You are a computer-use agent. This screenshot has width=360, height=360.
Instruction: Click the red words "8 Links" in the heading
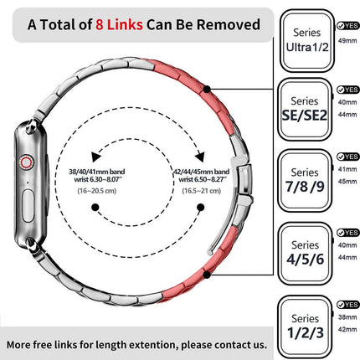click(x=119, y=24)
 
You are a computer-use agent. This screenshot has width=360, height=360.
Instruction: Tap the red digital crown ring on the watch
click(x=26, y=162)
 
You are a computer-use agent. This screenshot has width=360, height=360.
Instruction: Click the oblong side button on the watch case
click(x=28, y=206)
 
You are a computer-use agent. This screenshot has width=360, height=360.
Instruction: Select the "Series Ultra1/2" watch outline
click(x=307, y=41)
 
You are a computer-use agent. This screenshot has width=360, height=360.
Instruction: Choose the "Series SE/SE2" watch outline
click(x=305, y=109)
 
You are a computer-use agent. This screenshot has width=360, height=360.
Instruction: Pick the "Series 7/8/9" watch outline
click(x=305, y=180)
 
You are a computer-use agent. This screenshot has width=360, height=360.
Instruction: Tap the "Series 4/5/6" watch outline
click(x=306, y=254)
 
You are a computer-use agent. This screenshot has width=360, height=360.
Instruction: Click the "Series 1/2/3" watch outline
click(x=306, y=327)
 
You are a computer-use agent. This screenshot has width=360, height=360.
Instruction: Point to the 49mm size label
click(x=347, y=41)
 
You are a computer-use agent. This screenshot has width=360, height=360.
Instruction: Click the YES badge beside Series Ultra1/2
click(x=347, y=26)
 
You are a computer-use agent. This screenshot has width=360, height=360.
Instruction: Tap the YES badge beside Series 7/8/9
click(x=347, y=157)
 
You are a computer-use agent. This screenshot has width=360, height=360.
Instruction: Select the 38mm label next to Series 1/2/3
click(x=347, y=317)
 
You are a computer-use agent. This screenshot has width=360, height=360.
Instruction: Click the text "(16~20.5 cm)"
click(x=97, y=191)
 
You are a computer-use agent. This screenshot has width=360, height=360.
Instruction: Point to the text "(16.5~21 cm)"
click(x=202, y=191)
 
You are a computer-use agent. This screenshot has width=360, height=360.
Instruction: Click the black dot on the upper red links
click(x=207, y=90)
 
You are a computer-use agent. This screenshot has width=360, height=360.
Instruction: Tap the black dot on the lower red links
click(x=207, y=275)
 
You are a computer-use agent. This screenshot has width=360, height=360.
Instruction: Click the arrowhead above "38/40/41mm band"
click(x=95, y=157)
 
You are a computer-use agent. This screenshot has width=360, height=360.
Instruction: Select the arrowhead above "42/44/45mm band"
click(x=200, y=157)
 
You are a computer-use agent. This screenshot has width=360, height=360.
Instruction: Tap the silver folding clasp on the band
click(x=244, y=182)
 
